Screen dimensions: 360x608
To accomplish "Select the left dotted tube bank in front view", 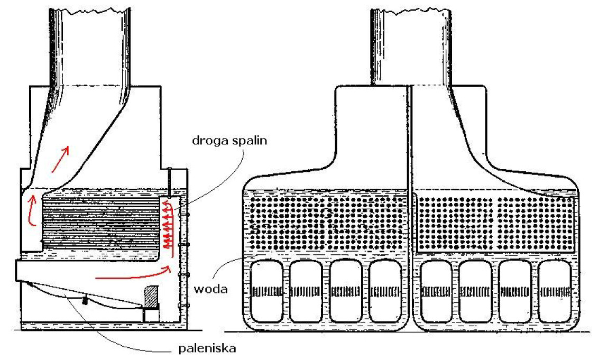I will point(325,222).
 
